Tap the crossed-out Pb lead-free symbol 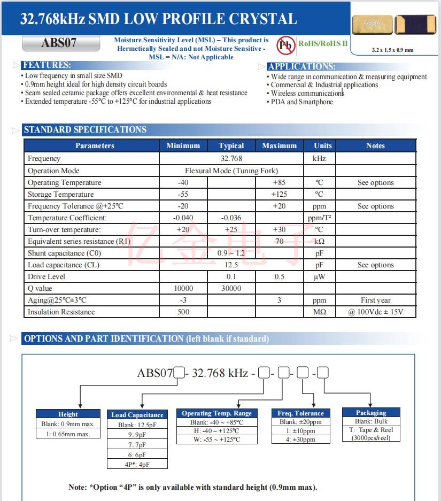click(x=286, y=45)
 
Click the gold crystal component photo click(x=373, y=24)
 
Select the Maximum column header click(x=279, y=145)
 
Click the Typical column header click(x=231, y=145)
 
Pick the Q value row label click(x=40, y=288)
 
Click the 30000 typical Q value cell click(x=231, y=288)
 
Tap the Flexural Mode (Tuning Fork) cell click(x=231, y=171)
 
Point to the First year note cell click(x=375, y=300)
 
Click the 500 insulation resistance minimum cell click(x=183, y=312)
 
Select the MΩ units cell click(x=319, y=312)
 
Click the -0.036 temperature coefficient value click(x=231, y=218)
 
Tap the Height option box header click(x=68, y=414)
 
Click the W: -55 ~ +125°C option click(x=216, y=439)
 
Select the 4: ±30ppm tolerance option click(x=300, y=439)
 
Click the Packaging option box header click(x=371, y=412)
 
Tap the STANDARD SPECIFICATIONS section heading click(x=85, y=129)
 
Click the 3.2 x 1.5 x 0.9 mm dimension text click(x=392, y=50)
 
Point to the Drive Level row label click(x=47, y=276)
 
